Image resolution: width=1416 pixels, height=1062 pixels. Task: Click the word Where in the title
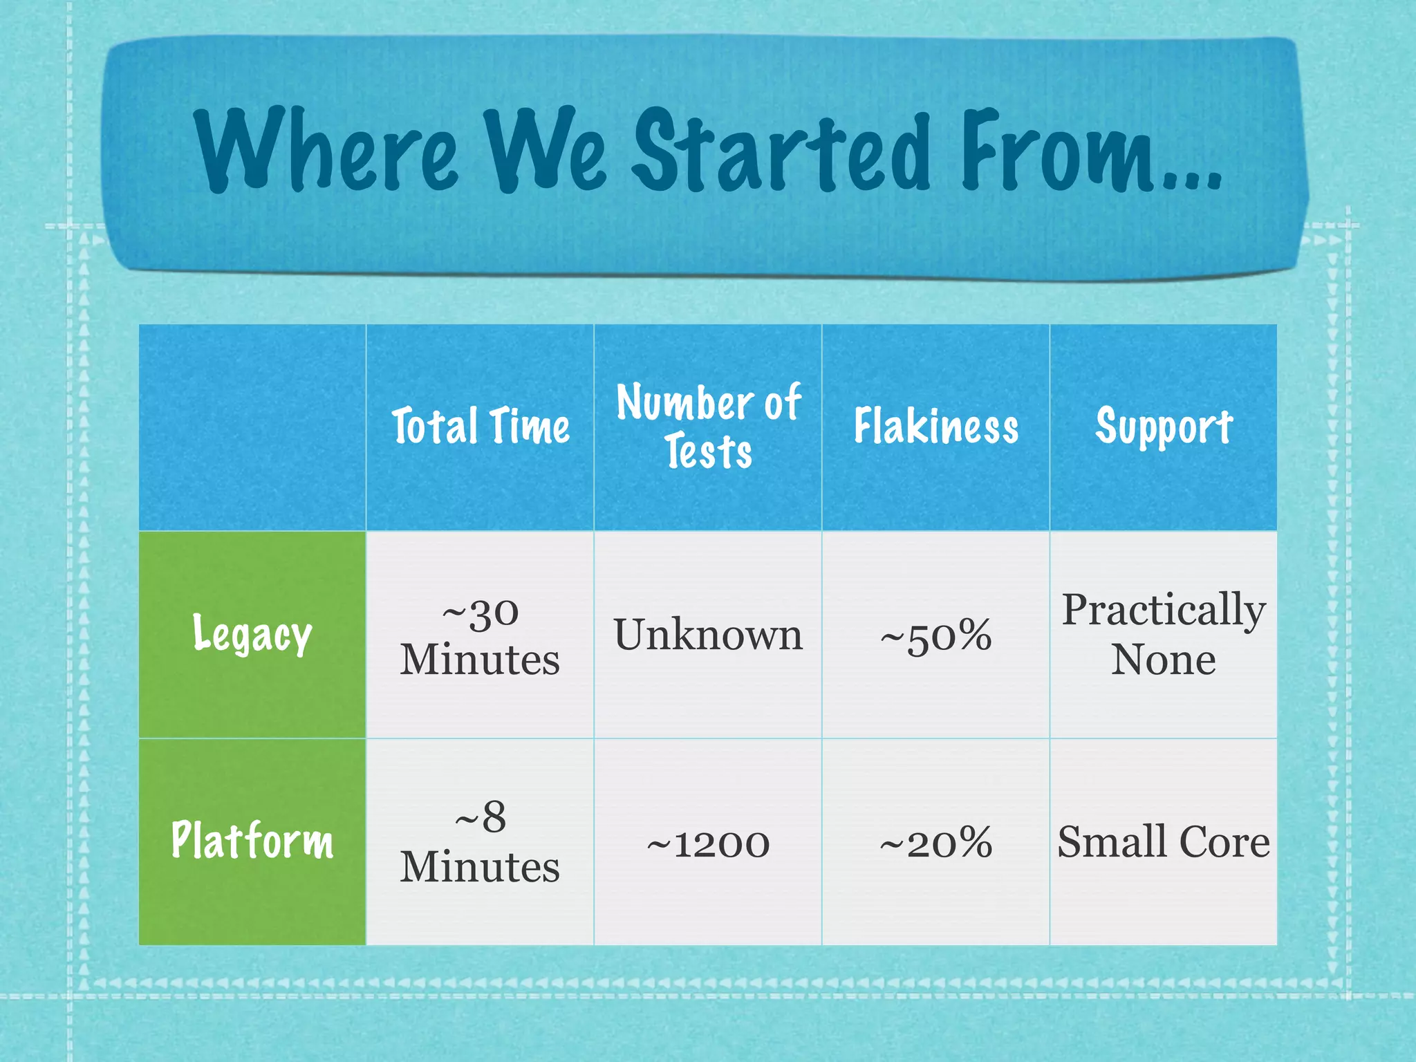coord(325,150)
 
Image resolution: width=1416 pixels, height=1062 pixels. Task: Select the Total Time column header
coord(481,427)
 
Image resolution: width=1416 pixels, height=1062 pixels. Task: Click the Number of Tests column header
coord(708,427)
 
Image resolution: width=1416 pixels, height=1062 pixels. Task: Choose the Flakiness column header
coord(935,427)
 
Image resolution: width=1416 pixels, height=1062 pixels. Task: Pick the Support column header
coord(1164,427)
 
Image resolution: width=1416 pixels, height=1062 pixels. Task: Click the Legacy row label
coord(252,634)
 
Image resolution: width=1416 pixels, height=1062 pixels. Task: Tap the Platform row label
coord(252,841)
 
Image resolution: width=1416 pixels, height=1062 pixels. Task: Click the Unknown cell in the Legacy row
coord(708,635)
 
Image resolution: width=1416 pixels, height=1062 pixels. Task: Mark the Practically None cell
coord(1164,634)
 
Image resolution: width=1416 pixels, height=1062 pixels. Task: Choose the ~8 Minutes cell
coord(480,841)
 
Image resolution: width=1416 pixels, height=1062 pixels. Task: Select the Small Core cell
coord(1164,842)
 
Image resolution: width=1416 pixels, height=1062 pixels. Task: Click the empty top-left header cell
coord(252,427)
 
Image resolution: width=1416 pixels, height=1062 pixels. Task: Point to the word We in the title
coord(546,150)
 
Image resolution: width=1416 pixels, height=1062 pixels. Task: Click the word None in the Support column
coord(1164,660)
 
